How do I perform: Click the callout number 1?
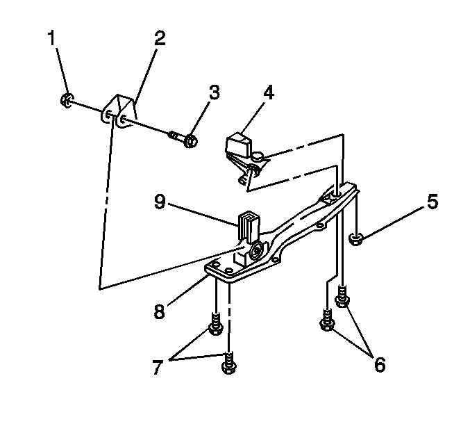pyautogui.click(x=52, y=38)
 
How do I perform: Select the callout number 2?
pyautogui.click(x=160, y=38)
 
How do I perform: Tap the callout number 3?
pyautogui.click(x=214, y=92)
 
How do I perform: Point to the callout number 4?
pyautogui.click(x=269, y=92)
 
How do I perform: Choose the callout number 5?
pyautogui.click(x=433, y=201)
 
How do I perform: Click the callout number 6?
pyautogui.click(x=380, y=365)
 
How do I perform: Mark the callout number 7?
pyautogui.click(x=158, y=367)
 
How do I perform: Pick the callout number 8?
pyautogui.click(x=160, y=311)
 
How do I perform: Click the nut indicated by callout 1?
pyautogui.click(x=67, y=100)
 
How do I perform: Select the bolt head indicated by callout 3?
pyautogui.click(x=190, y=140)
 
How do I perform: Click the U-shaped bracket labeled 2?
pyautogui.click(x=118, y=111)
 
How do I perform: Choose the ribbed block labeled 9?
pyautogui.click(x=249, y=225)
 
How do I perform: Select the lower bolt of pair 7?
pyautogui.click(x=228, y=363)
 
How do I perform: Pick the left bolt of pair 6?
pyautogui.click(x=327, y=320)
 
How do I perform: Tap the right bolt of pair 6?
pyautogui.click(x=342, y=297)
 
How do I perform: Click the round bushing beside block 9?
pyautogui.click(x=257, y=250)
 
